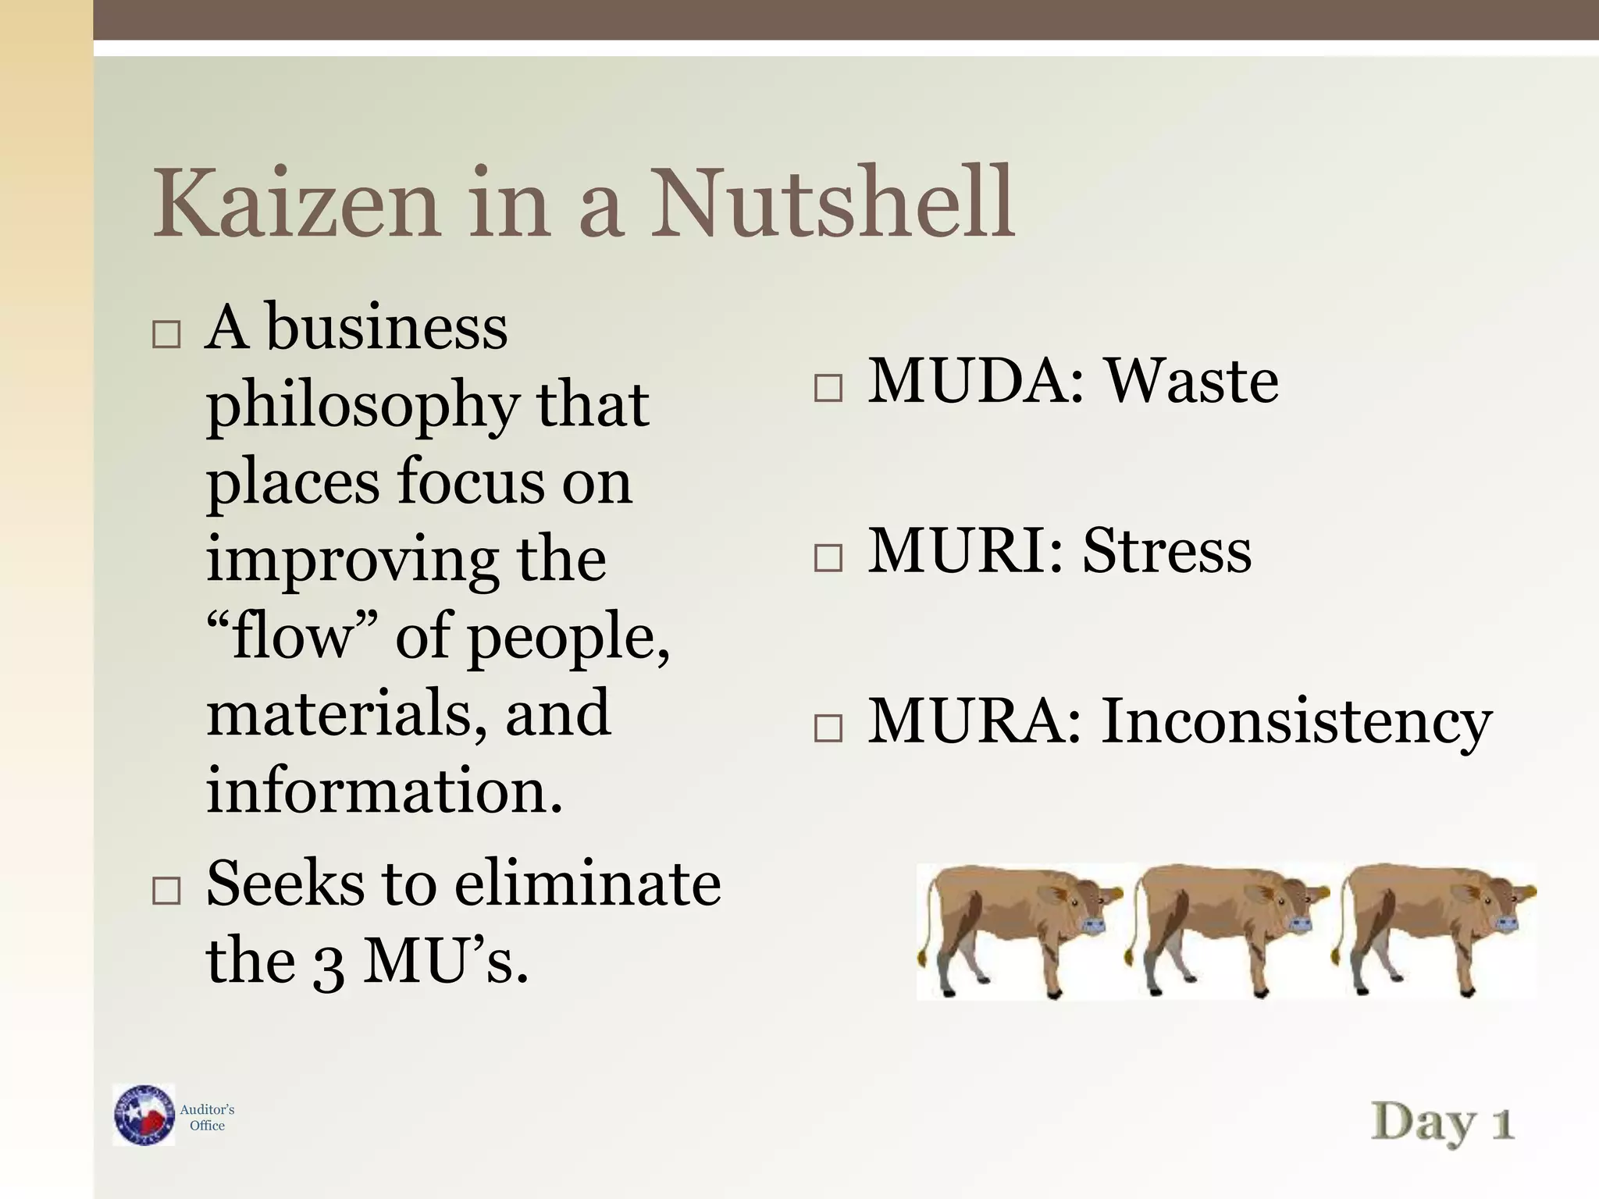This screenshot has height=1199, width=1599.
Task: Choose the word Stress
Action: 1167,551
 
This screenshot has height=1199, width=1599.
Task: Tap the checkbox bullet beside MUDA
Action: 828,388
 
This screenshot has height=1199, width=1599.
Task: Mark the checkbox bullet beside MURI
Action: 828,558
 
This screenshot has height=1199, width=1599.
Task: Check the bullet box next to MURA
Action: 828,728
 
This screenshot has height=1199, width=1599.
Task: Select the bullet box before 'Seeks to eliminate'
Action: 166,890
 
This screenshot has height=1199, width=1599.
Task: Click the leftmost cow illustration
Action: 1019,929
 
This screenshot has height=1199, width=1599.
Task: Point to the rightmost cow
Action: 1437,929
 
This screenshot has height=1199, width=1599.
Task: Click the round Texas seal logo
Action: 144,1115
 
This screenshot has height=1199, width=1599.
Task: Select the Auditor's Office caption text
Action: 207,1117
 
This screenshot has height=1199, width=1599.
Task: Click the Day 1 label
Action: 1443,1123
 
